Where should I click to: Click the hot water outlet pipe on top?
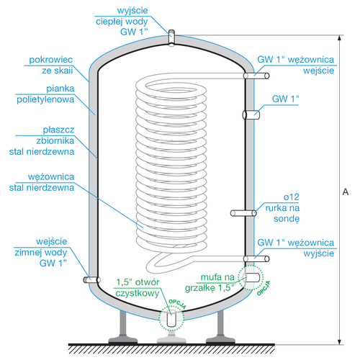pos(173,37)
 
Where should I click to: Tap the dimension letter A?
pos(346,192)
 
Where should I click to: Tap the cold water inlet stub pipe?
pos(90,279)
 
